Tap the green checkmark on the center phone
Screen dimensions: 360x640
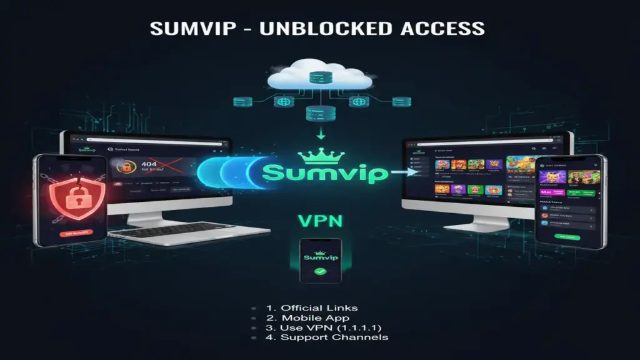pos(320,272)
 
